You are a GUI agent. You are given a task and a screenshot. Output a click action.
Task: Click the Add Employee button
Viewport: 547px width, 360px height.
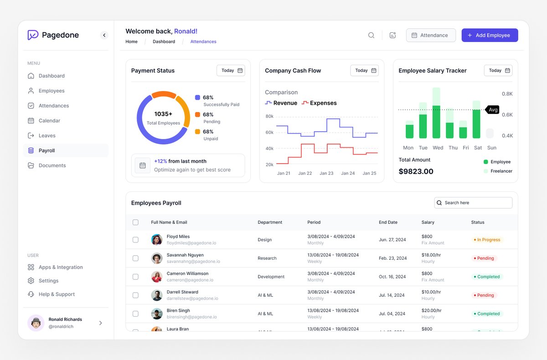(490, 36)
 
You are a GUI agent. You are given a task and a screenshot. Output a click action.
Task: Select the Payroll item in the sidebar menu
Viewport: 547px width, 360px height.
(47, 150)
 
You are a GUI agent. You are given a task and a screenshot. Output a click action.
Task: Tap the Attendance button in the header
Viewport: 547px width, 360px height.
(431, 36)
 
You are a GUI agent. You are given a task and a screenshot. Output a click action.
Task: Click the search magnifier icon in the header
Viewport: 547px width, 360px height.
(371, 36)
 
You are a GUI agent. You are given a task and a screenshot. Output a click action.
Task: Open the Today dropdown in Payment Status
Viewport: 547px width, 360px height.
(231, 71)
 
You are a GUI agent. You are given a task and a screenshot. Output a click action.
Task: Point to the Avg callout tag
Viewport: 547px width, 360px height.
(493, 110)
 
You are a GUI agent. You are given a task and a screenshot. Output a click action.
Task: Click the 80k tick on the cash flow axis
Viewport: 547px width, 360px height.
(269, 117)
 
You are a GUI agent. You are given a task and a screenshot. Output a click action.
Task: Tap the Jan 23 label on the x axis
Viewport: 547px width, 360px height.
(326, 173)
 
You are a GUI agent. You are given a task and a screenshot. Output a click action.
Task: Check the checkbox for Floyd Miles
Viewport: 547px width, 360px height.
(135, 240)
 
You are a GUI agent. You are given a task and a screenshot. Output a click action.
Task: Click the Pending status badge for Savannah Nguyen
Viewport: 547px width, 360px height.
(484, 258)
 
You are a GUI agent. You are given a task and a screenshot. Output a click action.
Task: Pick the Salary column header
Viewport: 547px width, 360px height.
(428, 222)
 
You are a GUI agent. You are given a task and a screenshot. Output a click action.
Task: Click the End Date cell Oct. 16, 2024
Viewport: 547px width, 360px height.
(392, 277)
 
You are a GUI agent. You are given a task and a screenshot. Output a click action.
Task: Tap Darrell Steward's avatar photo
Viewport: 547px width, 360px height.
(157, 295)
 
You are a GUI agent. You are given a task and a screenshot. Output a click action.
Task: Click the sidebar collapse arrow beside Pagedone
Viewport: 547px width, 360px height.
(104, 35)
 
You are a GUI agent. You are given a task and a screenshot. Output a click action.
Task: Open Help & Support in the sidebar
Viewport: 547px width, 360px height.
(57, 294)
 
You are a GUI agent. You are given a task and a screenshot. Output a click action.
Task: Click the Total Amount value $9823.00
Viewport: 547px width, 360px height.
(416, 172)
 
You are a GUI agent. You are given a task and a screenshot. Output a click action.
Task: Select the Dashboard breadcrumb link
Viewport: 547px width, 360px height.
(164, 41)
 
